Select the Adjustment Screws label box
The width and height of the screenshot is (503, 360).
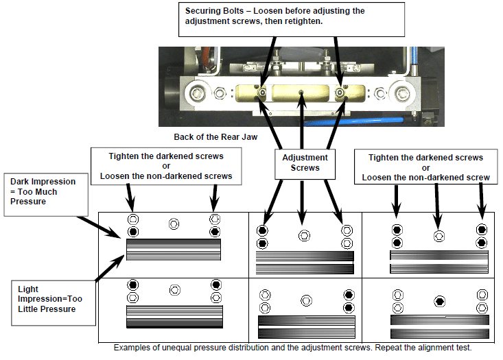tap(304, 163)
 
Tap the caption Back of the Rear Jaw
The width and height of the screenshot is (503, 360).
tap(215, 137)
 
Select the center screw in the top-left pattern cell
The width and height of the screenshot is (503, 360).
tap(174, 224)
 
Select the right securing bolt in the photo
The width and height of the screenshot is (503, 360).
tap(340, 93)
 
